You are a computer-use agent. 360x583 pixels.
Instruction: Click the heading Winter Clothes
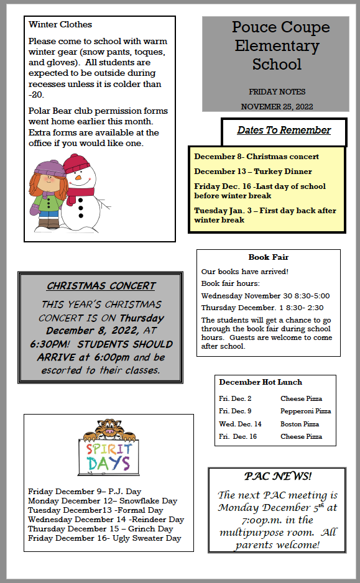[60, 24]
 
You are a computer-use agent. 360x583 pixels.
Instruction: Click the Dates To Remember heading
[284, 130]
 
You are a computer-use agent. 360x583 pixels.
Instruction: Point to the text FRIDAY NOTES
[275, 91]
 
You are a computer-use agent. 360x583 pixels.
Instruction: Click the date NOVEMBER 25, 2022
[277, 106]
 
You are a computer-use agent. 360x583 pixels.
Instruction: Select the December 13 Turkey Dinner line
[253, 172]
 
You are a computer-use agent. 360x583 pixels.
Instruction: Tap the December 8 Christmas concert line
[256, 157]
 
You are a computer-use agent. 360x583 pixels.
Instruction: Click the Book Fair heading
[269, 257]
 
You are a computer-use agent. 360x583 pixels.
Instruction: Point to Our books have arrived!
[245, 272]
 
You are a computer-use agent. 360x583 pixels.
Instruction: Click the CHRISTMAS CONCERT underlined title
[101, 286]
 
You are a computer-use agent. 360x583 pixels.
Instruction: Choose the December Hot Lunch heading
[261, 382]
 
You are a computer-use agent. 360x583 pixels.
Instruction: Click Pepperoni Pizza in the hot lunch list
[305, 411]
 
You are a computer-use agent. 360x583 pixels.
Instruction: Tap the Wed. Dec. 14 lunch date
[240, 424]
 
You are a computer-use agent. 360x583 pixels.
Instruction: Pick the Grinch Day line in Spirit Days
[100, 528]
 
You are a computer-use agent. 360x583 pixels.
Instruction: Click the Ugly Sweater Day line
[104, 538]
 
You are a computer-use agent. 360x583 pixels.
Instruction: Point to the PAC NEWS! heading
[277, 477]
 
